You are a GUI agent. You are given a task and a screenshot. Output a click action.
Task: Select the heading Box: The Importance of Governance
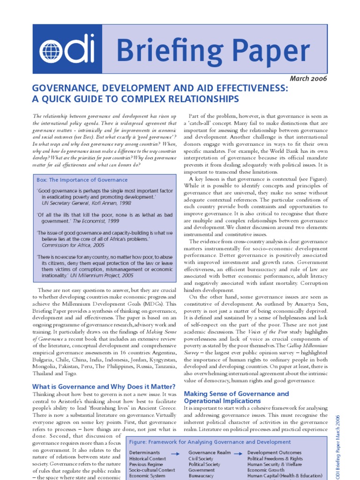[82, 180]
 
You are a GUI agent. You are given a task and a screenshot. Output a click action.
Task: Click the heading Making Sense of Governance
[236, 394]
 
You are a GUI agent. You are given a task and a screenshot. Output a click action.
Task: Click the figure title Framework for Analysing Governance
[210, 442]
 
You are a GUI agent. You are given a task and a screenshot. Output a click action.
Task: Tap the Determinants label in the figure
[144, 453]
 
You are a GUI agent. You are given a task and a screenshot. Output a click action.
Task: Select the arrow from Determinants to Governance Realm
[175, 453]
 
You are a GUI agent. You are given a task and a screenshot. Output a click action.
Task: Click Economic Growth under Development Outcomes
[266, 470]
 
